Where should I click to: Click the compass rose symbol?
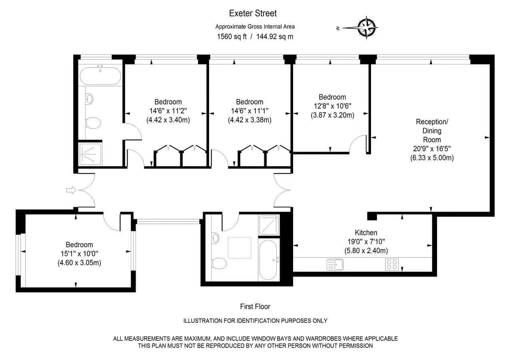[366, 28]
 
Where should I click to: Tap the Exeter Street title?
[253, 13]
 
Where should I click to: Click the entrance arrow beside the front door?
[71, 190]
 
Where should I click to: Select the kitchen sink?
[335, 264]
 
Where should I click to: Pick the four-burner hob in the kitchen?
[392, 265]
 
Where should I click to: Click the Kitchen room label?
[366, 232]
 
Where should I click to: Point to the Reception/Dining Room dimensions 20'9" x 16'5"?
[432, 149]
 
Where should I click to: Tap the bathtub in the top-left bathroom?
[100, 75]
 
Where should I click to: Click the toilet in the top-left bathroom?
[93, 123]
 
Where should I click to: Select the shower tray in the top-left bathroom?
[90, 154]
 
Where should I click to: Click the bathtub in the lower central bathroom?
[268, 260]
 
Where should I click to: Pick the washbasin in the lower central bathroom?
[215, 238]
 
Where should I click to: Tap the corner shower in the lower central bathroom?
[269, 225]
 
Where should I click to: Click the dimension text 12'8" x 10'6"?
[332, 106]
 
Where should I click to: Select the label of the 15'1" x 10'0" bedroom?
[79, 244]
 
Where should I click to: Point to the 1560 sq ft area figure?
[232, 36]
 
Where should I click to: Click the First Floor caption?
[255, 306]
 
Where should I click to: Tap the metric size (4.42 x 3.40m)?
[168, 120]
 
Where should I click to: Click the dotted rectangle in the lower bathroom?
[240, 248]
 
